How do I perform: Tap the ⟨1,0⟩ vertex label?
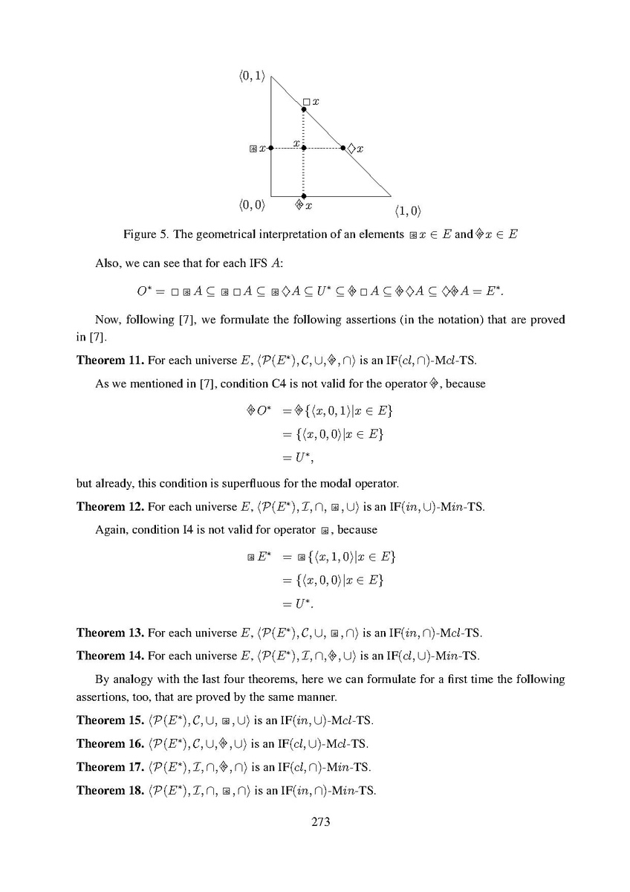pyautogui.click(x=408, y=210)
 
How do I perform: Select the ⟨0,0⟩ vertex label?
pyautogui.click(x=253, y=203)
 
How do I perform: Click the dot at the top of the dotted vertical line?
pyautogui.click(x=303, y=109)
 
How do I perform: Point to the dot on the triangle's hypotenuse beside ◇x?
pyautogui.click(x=343, y=148)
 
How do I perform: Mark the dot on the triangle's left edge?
pyautogui.click(x=271, y=148)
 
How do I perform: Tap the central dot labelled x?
pyautogui.click(x=303, y=148)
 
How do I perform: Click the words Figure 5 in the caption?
pyautogui.click(x=145, y=235)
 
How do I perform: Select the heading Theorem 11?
pyautogui.click(x=110, y=361)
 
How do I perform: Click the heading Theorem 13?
pyautogui.click(x=110, y=634)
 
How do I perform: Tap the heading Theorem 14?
pyautogui.click(x=110, y=656)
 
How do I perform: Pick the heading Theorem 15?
pyautogui.click(x=110, y=720)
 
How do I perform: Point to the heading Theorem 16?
pyautogui.click(x=110, y=743)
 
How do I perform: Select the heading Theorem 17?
pyautogui.click(x=110, y=766)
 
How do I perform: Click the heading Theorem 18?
pyautogui.click(x=110, y=789)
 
